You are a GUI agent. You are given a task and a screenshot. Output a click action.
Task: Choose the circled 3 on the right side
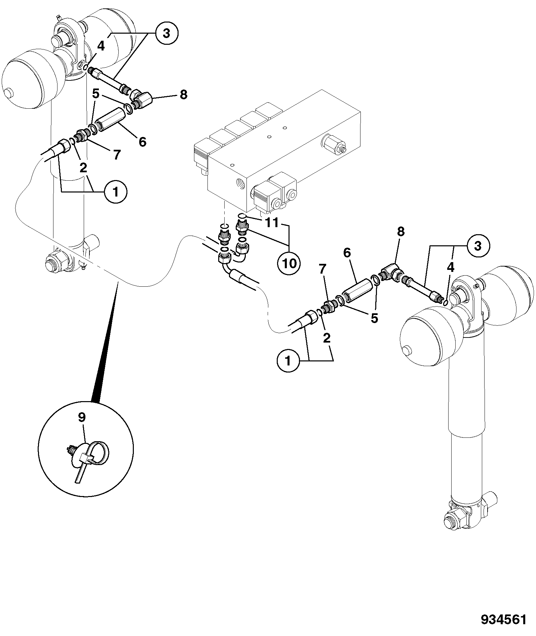coord(478,246)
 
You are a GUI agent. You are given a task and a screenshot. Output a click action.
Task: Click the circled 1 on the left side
coord(115,192)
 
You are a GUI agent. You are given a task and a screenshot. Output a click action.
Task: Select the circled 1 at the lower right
coord(288,361)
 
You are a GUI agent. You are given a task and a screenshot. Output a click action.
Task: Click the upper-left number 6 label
coord(143,142)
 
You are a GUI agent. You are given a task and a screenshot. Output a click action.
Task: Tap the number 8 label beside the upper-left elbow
coord(183,95)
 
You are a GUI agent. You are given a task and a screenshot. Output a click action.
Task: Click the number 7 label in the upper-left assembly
coord(116,155)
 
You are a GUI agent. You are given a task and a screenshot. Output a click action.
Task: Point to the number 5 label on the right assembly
coord(374,318)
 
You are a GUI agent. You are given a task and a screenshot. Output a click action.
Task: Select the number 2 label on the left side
coord(83,167)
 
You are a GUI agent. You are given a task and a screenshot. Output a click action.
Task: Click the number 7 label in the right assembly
coord(322,269)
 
